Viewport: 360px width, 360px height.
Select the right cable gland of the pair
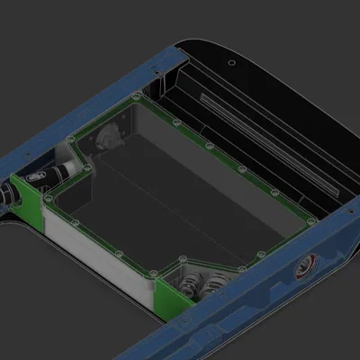(x=215, y=286)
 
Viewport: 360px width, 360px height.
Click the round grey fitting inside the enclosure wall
(x=107, y=138)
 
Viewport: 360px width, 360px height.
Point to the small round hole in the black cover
(x=232, y=63)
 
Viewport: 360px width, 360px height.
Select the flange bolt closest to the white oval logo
(x=68, y=142)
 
